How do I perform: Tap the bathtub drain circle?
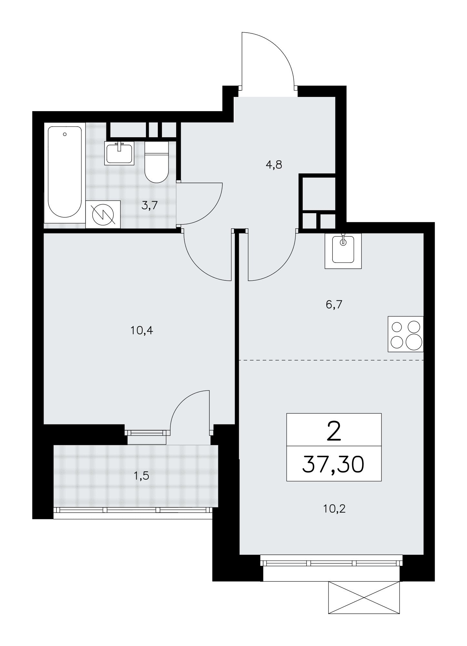click(65, 134)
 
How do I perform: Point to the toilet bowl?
click(157, 162)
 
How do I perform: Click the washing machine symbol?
click(103, 214)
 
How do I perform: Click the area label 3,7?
click(149, 205)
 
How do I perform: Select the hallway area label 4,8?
click(274, 165)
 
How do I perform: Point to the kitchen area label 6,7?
click(334, 304)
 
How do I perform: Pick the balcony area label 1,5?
click(142, 475)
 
